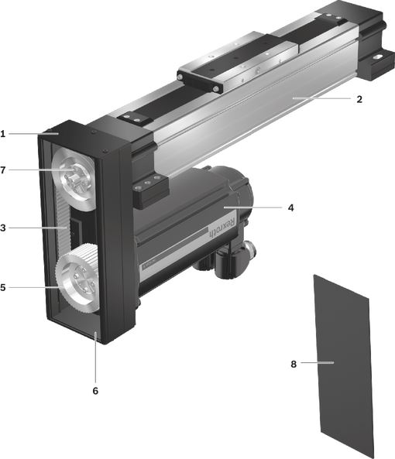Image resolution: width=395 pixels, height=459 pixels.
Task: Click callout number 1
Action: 3,134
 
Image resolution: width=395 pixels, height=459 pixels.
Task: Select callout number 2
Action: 359,99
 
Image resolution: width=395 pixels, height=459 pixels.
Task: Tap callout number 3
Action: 3,228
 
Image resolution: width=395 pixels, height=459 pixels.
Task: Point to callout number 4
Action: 290,208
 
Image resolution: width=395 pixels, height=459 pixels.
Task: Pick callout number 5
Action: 3,287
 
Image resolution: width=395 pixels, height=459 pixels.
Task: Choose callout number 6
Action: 95,391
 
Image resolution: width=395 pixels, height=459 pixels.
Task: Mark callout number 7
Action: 3,170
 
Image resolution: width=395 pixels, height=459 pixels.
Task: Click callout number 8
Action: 294,364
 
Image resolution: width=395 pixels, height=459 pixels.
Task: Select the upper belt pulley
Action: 74,178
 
